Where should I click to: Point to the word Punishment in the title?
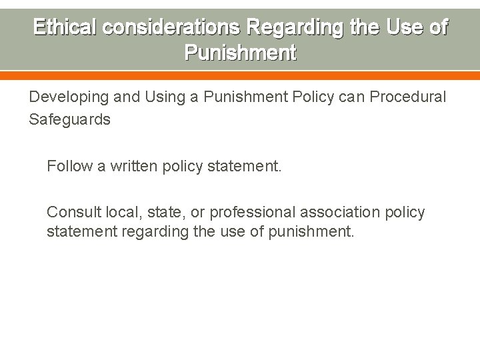click(x=240, y=53)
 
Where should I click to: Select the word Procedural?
click(x=407, y=97)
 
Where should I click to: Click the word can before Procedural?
click(x=351, y=97)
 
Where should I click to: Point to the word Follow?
click(x=69, y=165)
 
